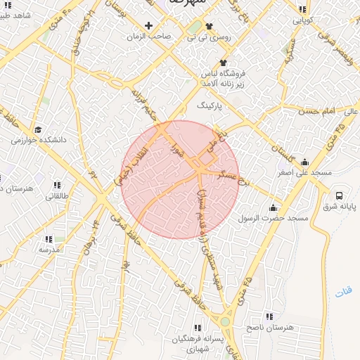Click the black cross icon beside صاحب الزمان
point(148,25)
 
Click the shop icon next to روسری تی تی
point(189,26)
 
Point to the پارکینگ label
point(208,106)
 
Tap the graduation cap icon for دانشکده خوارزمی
point(37,129)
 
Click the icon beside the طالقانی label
point(57,186)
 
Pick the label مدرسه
point(49,250)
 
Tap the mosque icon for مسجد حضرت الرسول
point(273,208)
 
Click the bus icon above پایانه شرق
point(340,195)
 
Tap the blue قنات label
point(342,291)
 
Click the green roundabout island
point(225,322)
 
